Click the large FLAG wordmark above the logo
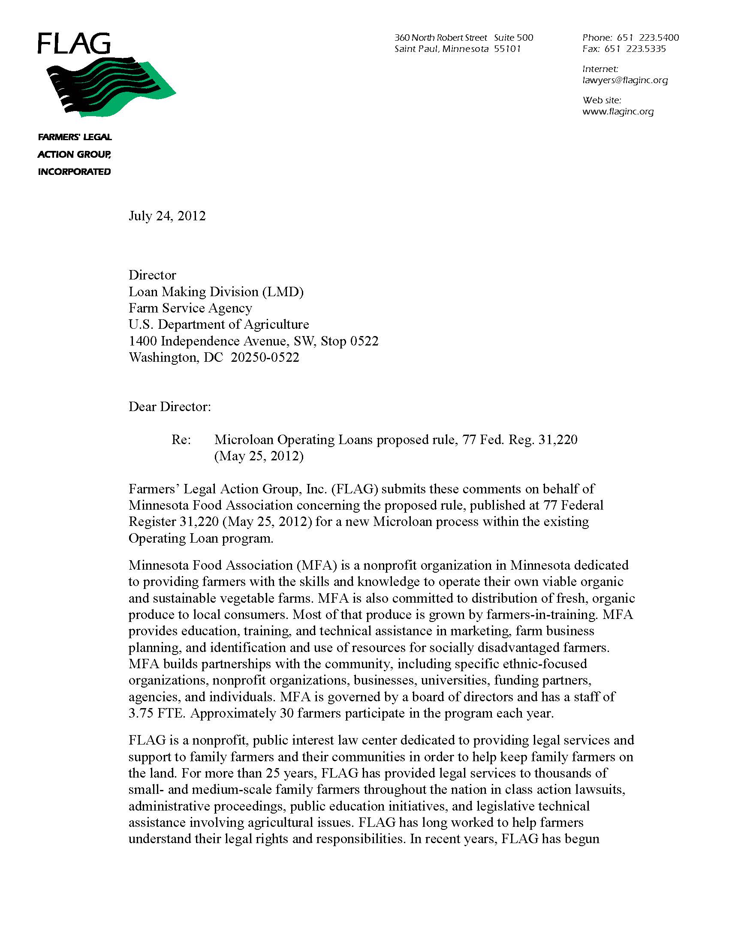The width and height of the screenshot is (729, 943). coord(74,44)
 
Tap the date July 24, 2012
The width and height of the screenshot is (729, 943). coord(167,216)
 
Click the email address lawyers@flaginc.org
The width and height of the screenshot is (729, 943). coord(625,80)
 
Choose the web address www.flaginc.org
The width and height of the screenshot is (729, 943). coord(618,111)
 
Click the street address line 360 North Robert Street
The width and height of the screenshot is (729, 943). coord(440,38)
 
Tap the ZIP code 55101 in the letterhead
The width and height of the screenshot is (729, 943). coord(507,49)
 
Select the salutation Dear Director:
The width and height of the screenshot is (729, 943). coord(170,407)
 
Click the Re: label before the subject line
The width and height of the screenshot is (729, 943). coord(181,439)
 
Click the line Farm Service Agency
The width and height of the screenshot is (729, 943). coord(190,308)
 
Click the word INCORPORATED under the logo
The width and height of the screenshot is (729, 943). coord(74,172)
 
